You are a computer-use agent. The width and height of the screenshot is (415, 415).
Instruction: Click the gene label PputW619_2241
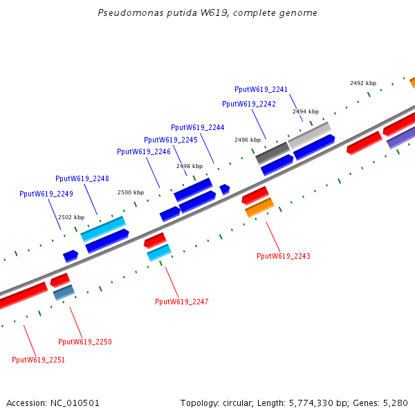tap(261, 89)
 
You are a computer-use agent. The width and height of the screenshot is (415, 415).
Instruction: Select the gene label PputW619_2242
tap(249, 104)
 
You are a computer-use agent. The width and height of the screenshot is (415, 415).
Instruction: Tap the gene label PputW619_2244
tap(198, 127)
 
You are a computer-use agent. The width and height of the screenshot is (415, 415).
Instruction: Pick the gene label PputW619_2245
tap(171, 140)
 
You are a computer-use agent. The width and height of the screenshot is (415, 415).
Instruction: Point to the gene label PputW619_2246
tap(144, 151)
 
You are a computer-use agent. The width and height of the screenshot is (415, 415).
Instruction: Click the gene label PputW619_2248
tap(82, 178)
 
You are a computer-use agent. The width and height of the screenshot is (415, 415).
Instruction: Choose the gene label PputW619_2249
tap(46, 194)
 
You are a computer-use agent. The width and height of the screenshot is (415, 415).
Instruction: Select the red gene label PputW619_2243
tap(284, 256)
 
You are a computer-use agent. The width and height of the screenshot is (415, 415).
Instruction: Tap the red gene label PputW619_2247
tap(182, 302)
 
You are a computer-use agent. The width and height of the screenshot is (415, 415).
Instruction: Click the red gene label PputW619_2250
tap(85, 342)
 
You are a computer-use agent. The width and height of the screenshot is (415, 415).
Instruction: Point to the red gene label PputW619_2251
tap(39, 359)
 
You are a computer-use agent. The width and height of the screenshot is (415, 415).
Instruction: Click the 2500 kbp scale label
tap(131, 192)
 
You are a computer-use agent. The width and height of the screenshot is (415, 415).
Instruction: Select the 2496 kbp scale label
tap(248, 140)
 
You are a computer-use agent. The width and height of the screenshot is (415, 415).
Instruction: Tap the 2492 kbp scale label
tap(363, 83)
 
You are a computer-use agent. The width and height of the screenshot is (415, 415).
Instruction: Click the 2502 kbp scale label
tap(71, 217)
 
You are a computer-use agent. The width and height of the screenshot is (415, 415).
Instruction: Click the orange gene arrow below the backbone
tap(259, 207)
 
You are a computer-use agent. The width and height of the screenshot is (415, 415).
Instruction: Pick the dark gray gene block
tap(272, 152)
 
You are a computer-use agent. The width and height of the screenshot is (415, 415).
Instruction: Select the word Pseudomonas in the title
tap(126, 13)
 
